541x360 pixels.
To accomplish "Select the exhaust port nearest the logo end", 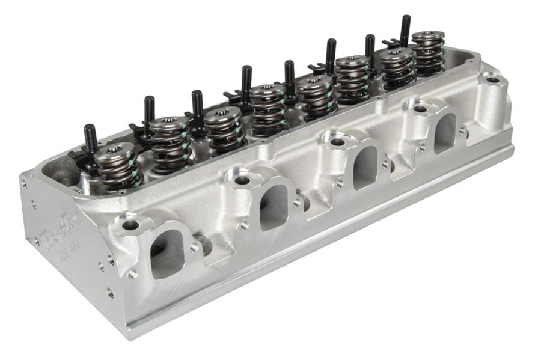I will point(166,252).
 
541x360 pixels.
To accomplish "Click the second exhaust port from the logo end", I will point(274,206).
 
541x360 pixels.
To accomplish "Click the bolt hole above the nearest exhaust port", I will point(130,225).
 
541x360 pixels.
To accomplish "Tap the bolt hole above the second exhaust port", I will point(242,180).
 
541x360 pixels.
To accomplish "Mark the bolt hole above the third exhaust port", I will point(337,142).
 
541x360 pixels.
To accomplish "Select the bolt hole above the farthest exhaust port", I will point(420,109).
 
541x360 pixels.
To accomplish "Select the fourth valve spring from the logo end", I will point(267,107).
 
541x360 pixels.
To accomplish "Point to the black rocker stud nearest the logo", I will point(90,139).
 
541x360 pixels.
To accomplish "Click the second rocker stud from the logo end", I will point(148,113).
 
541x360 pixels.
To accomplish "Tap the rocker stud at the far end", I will point(405,30).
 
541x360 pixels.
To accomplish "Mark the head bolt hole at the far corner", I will point(492,79).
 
